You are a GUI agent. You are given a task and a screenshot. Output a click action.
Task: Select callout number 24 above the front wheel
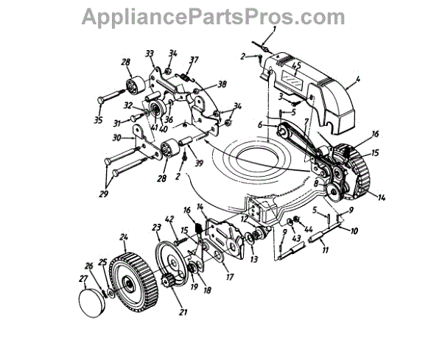(124, 238)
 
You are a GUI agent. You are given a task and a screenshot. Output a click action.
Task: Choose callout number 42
(169, 219)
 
